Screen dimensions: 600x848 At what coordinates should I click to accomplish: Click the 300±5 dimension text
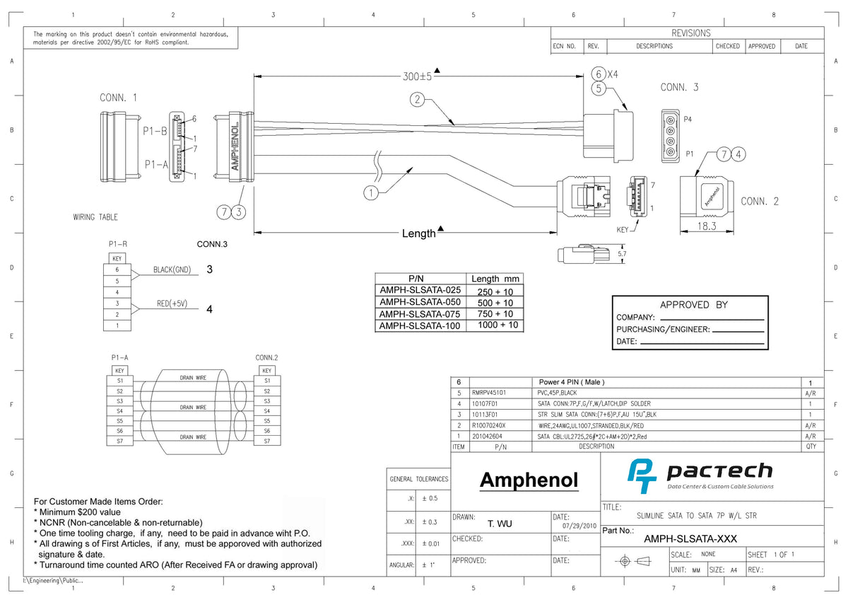pos(413,76)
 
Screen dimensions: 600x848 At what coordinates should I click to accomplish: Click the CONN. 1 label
pos(118,98)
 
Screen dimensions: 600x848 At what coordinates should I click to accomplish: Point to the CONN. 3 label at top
pos(679,88)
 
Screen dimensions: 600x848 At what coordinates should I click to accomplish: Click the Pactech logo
pos(700,475)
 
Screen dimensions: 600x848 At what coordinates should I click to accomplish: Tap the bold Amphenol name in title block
pos(529,480)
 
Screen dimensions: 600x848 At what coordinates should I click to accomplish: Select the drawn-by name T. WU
pos(500,524)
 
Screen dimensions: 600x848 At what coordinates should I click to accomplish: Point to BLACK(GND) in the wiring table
pos(172,270)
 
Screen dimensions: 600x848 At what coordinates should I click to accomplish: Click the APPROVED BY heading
pos(689,305)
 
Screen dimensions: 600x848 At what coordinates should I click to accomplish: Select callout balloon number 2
pos(418,100)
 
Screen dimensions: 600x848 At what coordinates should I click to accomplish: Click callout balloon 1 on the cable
pos(371,192)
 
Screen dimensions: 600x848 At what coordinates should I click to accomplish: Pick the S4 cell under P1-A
pos(120,411)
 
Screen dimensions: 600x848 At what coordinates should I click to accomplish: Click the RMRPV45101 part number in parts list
pos(488,392)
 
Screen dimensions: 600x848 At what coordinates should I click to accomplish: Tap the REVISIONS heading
pos(690,33)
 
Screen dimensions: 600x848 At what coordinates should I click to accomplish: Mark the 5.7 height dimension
pos(621,253)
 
